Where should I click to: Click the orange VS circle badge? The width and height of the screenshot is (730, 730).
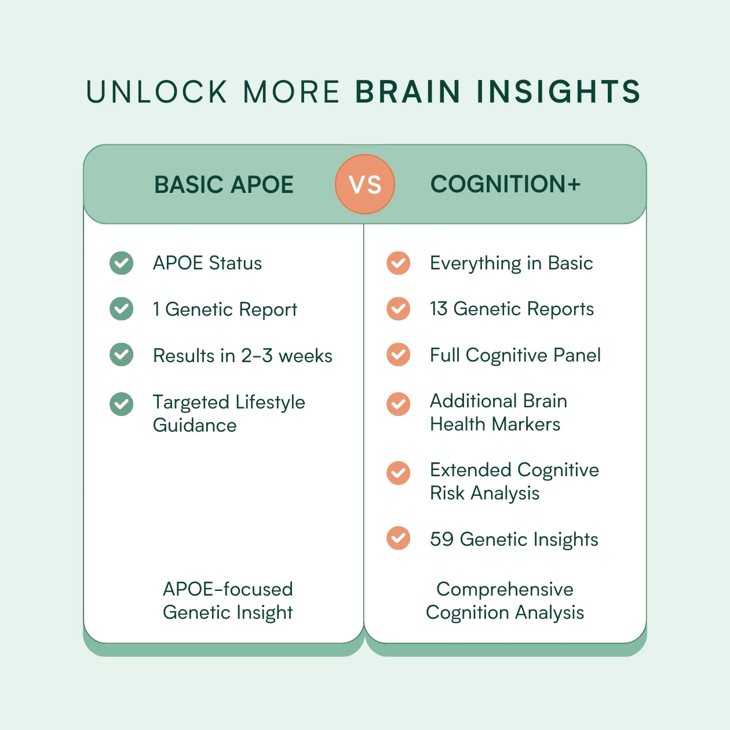point(365,184)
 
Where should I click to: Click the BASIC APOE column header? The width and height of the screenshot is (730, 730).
point(224,184)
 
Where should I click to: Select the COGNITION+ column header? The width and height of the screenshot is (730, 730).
point(505,184)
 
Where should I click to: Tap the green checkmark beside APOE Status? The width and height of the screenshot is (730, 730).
point(121,263)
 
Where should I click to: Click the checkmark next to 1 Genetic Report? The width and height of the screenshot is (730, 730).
point(121,309)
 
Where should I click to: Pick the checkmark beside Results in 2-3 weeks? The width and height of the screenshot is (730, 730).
point(121,355)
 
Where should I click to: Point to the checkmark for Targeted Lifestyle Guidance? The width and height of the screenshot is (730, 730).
point(121,404)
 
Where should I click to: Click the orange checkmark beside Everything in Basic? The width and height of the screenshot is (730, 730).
point(398,263)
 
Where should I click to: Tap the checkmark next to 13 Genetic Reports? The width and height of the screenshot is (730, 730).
point(398,309)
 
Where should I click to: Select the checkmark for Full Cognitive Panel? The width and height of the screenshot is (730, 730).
point(398,355)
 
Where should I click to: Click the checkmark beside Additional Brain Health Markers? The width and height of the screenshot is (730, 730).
point(398,404)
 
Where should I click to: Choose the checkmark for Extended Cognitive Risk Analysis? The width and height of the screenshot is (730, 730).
point(398,473)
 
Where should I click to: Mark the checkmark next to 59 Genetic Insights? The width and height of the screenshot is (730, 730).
point(398,538)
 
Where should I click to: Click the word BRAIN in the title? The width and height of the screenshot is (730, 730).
point(408,92)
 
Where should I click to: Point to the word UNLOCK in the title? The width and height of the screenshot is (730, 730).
point(156,92)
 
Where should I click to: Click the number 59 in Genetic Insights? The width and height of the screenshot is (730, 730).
point(441,539)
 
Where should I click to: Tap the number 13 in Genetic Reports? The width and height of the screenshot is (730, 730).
point(439,308)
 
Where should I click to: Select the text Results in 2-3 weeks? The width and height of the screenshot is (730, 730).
point(242,356)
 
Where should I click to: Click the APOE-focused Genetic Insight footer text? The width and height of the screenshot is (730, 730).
point(228,601)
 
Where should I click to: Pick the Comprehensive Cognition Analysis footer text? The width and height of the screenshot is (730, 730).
point(505,601)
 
